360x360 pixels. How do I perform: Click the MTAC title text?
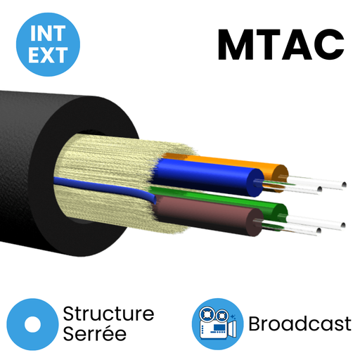click(281, 44)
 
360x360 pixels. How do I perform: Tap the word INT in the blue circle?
click(48, 33)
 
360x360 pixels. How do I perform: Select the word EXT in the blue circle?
click(48, 55)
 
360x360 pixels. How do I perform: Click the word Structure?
click(108, 314)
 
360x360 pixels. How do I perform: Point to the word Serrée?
click(95, 333)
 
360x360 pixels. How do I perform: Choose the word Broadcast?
click(300, 324)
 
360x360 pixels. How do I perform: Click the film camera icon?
click(218, 324)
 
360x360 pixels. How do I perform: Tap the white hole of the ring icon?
click(32, 324)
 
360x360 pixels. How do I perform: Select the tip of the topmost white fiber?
click(344, 185)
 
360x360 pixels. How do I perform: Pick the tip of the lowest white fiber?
click(319, 231)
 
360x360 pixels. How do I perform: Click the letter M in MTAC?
click(235, 44)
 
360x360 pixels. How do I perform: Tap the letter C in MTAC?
click(329, 44)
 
